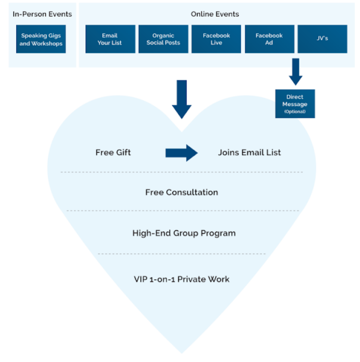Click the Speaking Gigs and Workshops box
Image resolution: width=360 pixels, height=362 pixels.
click(41, 39)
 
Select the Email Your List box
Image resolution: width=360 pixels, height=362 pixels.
click(110, 39)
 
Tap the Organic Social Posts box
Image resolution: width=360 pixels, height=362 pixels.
click(163, 39)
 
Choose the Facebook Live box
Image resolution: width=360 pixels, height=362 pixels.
click(216, 39)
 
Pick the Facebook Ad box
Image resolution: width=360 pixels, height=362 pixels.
click(269, 39)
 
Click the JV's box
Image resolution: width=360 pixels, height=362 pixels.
click(322, 39)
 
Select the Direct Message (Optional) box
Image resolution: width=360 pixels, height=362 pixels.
click(295, 104)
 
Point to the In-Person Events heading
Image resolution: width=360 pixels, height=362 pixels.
click(42, 14)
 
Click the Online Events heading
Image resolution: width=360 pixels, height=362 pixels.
click(215, 14)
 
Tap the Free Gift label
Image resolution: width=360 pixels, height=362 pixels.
click(113, 152)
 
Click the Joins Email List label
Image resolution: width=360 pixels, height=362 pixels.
click(249, 152)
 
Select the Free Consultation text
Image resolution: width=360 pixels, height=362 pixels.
click(181, 192)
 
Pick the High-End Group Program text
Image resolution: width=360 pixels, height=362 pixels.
click(184, 233)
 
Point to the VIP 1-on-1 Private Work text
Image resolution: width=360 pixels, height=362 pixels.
click(181, 279)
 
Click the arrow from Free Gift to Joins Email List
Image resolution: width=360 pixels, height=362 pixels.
click(181, 153)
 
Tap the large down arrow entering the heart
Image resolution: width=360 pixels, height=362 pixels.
click(182, 99)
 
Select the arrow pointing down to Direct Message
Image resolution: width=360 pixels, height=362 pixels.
click(296, 71)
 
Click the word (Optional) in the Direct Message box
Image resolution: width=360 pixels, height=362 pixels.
click(295, 112)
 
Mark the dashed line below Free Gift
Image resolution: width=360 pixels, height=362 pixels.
click(182, 172)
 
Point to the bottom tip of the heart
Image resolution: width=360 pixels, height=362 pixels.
click(181, 353)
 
